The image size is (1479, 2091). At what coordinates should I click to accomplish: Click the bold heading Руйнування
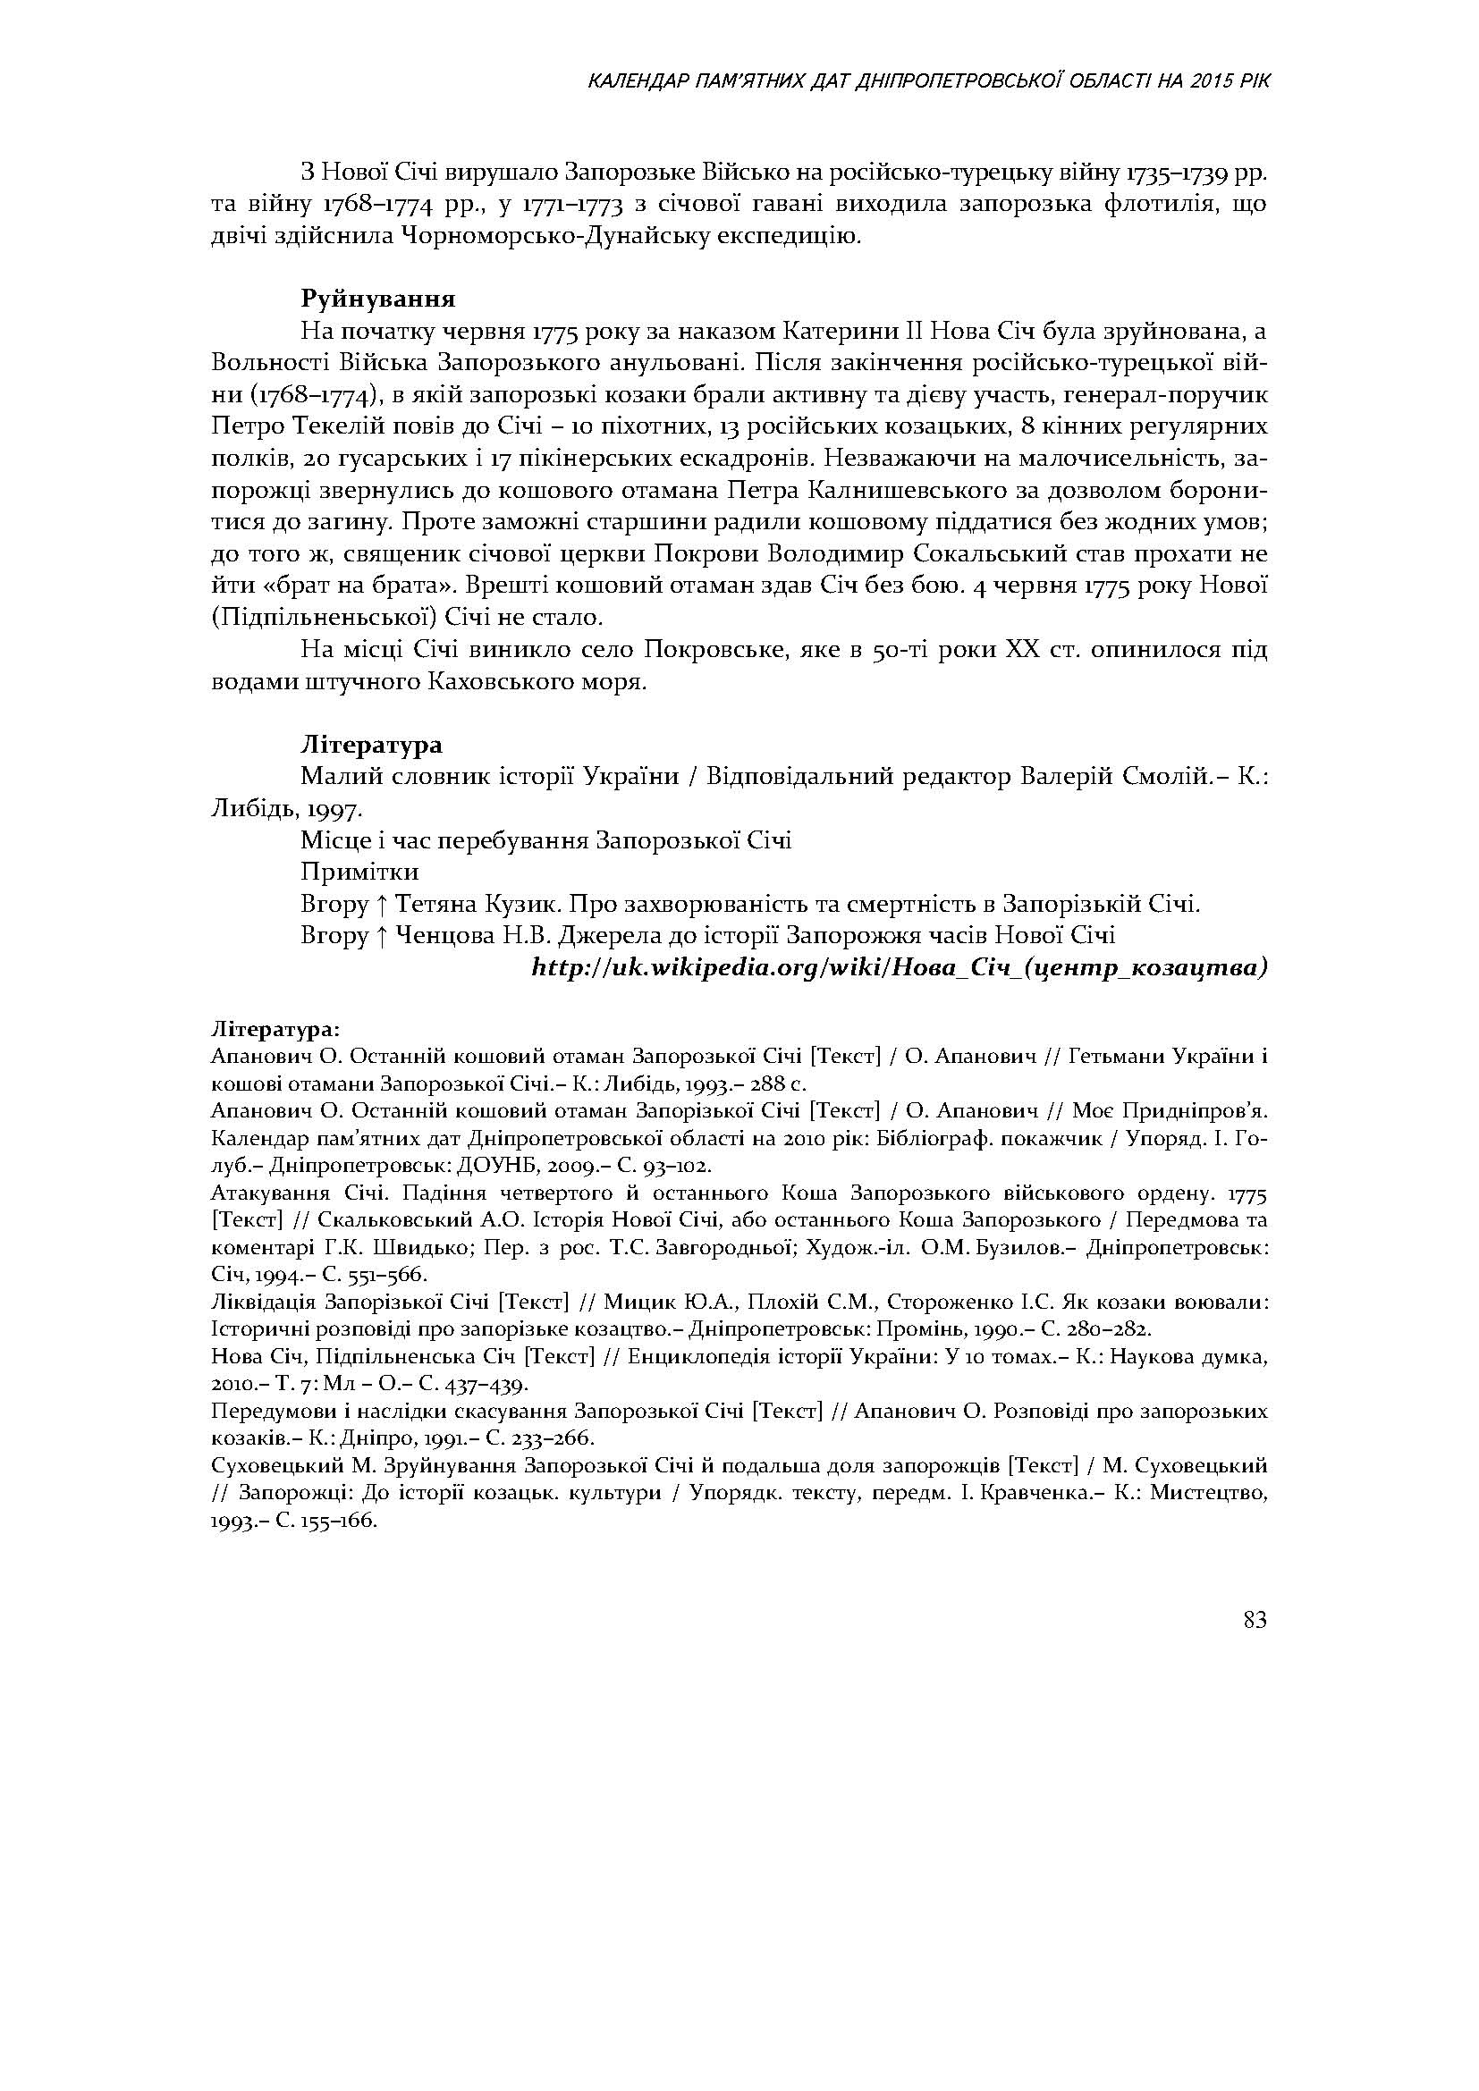378,299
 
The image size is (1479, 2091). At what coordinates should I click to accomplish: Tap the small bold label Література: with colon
275,1029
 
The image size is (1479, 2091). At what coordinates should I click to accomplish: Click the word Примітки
359,872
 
